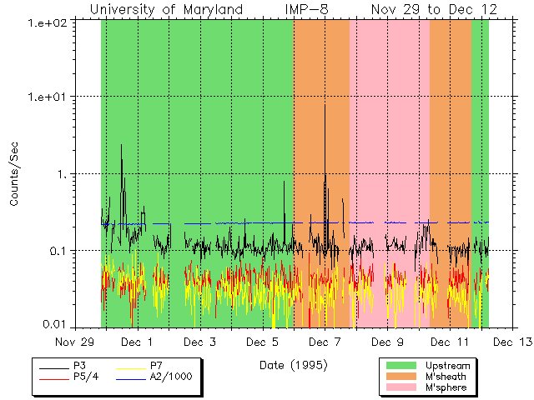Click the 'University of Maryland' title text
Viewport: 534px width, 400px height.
pyautogui.click(x=167, y=9)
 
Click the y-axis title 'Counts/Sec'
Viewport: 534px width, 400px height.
pyautogui.click(x=14, y=173)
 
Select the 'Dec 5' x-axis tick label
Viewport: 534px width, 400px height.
pyautogui.click(x=263, y=342)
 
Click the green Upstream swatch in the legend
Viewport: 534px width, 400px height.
pyautogui.click(x=402, y=366)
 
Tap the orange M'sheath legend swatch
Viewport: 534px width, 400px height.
pyautogui.click(x=402, y=377)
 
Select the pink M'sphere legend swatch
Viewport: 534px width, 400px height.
pyautogui.click(x=402, y=387)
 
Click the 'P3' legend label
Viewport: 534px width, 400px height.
pyautogui.click(x=80, y=366)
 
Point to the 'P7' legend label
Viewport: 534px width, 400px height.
pyautogui.click(x=156, y=366)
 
